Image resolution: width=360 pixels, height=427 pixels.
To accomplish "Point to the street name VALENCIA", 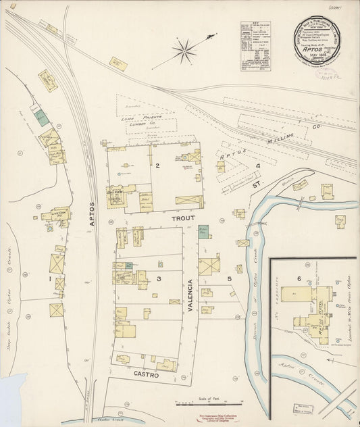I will tap(191, 296).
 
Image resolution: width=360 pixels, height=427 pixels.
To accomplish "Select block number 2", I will tap(156, 166).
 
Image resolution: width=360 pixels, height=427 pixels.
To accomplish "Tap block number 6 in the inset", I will tap(298, 278).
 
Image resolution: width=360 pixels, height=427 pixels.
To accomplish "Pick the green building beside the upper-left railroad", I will tap(41, 116).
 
